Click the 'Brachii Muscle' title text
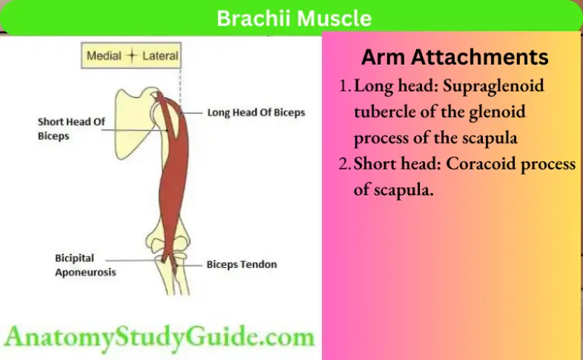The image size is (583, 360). point(295,17)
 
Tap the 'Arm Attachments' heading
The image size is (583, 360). point(454,57)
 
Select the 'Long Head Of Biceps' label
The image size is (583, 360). point(256,112)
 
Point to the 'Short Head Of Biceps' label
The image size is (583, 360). point(72,128)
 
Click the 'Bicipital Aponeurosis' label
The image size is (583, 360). point(86,265)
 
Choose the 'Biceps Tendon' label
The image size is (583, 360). point(241,265)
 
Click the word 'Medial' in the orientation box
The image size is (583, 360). point(104,55)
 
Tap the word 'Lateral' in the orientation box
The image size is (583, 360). point(159,55)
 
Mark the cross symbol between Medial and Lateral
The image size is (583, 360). point(132,55)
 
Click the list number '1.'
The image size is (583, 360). point(345,86)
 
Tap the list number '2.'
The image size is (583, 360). point(345,165)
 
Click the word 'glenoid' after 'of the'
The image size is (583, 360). point(501,112)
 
